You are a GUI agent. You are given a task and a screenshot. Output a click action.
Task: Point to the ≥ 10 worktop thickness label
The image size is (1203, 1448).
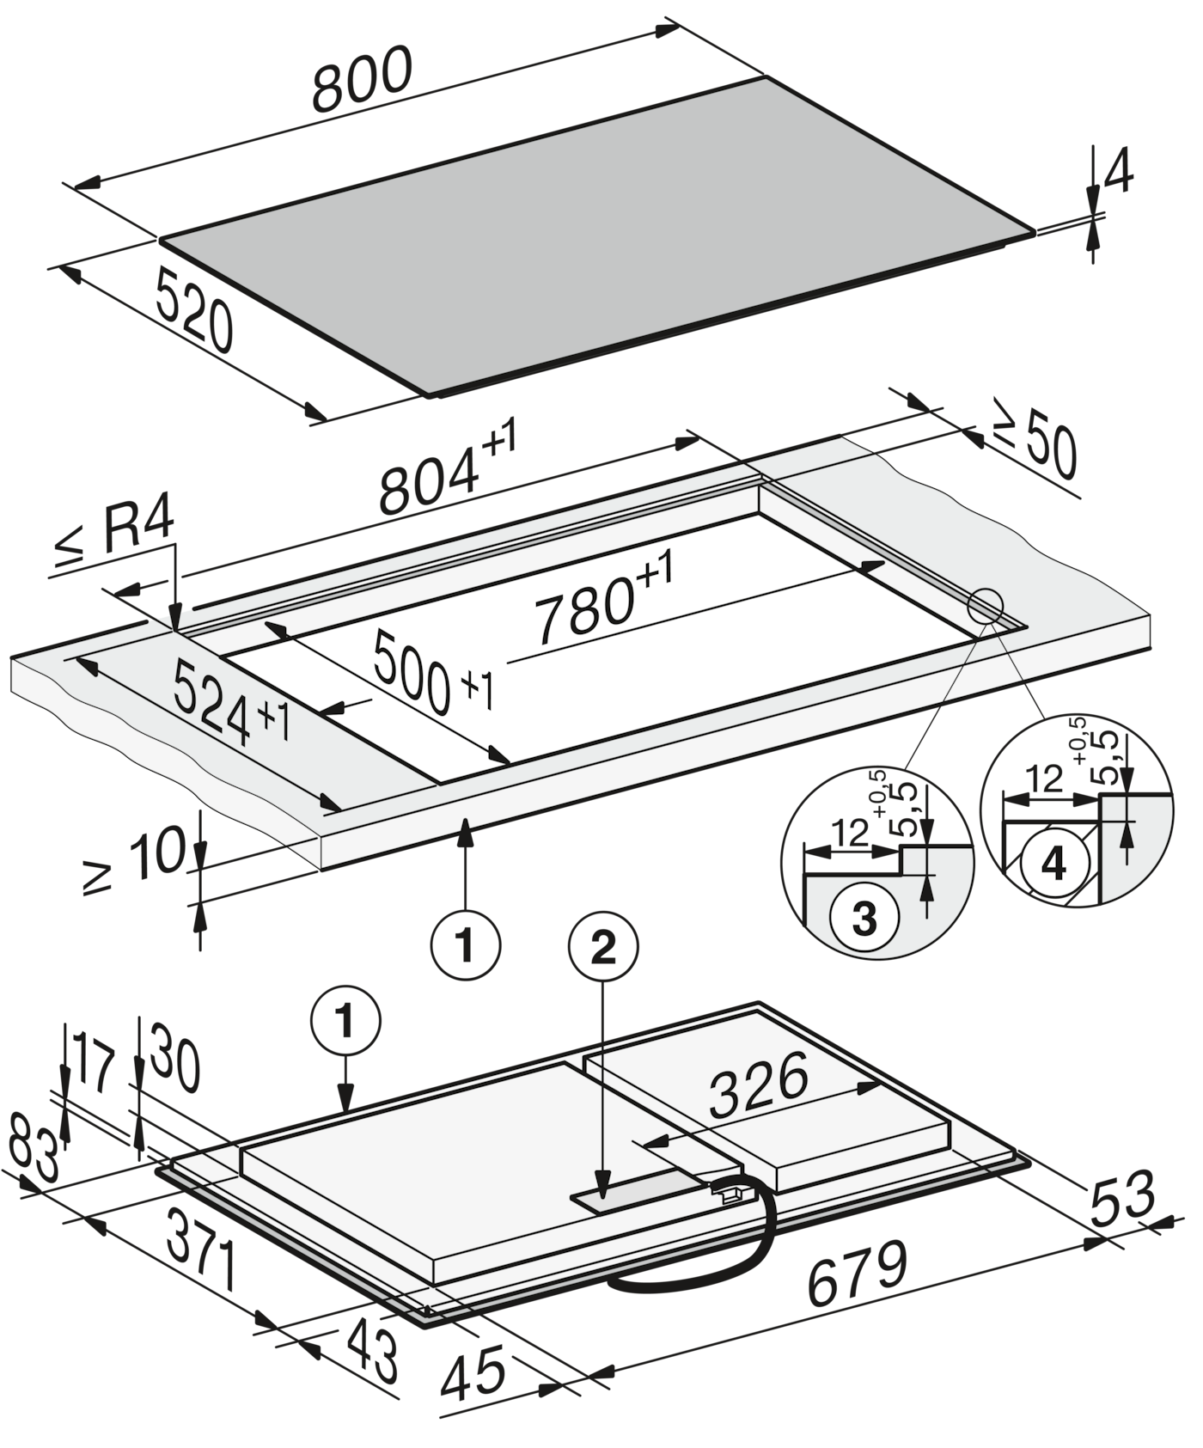135,860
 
